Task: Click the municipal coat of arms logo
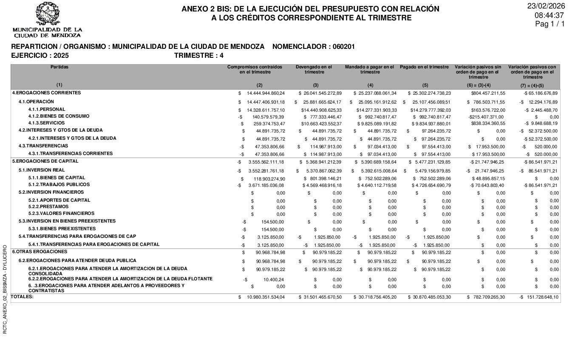pyautogui.click(x=47, y=14)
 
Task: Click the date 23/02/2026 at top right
pyautogui.click(x=546, y=6)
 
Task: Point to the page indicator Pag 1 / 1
pyautogui.click(x=550, y=24)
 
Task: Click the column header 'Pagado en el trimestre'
pyautogui.click(x=424, y=67)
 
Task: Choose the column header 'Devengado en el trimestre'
pyautogui.click(x=314, y=70)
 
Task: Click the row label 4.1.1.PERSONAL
pyautogui.click(x=47, y=110)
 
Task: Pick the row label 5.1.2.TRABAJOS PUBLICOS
pyautogui.click(x=59, y=185)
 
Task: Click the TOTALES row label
pyautogui.click(x=22, y=296)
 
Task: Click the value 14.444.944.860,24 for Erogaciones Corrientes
pyautogui.click(x=266, y=93)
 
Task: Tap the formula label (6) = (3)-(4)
pyautogui.click(x=478, y=86)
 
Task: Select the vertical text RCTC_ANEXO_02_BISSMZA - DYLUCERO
pyautogui.click(x=5, y=289)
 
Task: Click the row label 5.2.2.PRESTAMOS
pyautogui.click(x=48, y=207)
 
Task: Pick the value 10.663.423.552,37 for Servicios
pyautogui.click(x=321, y=124)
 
